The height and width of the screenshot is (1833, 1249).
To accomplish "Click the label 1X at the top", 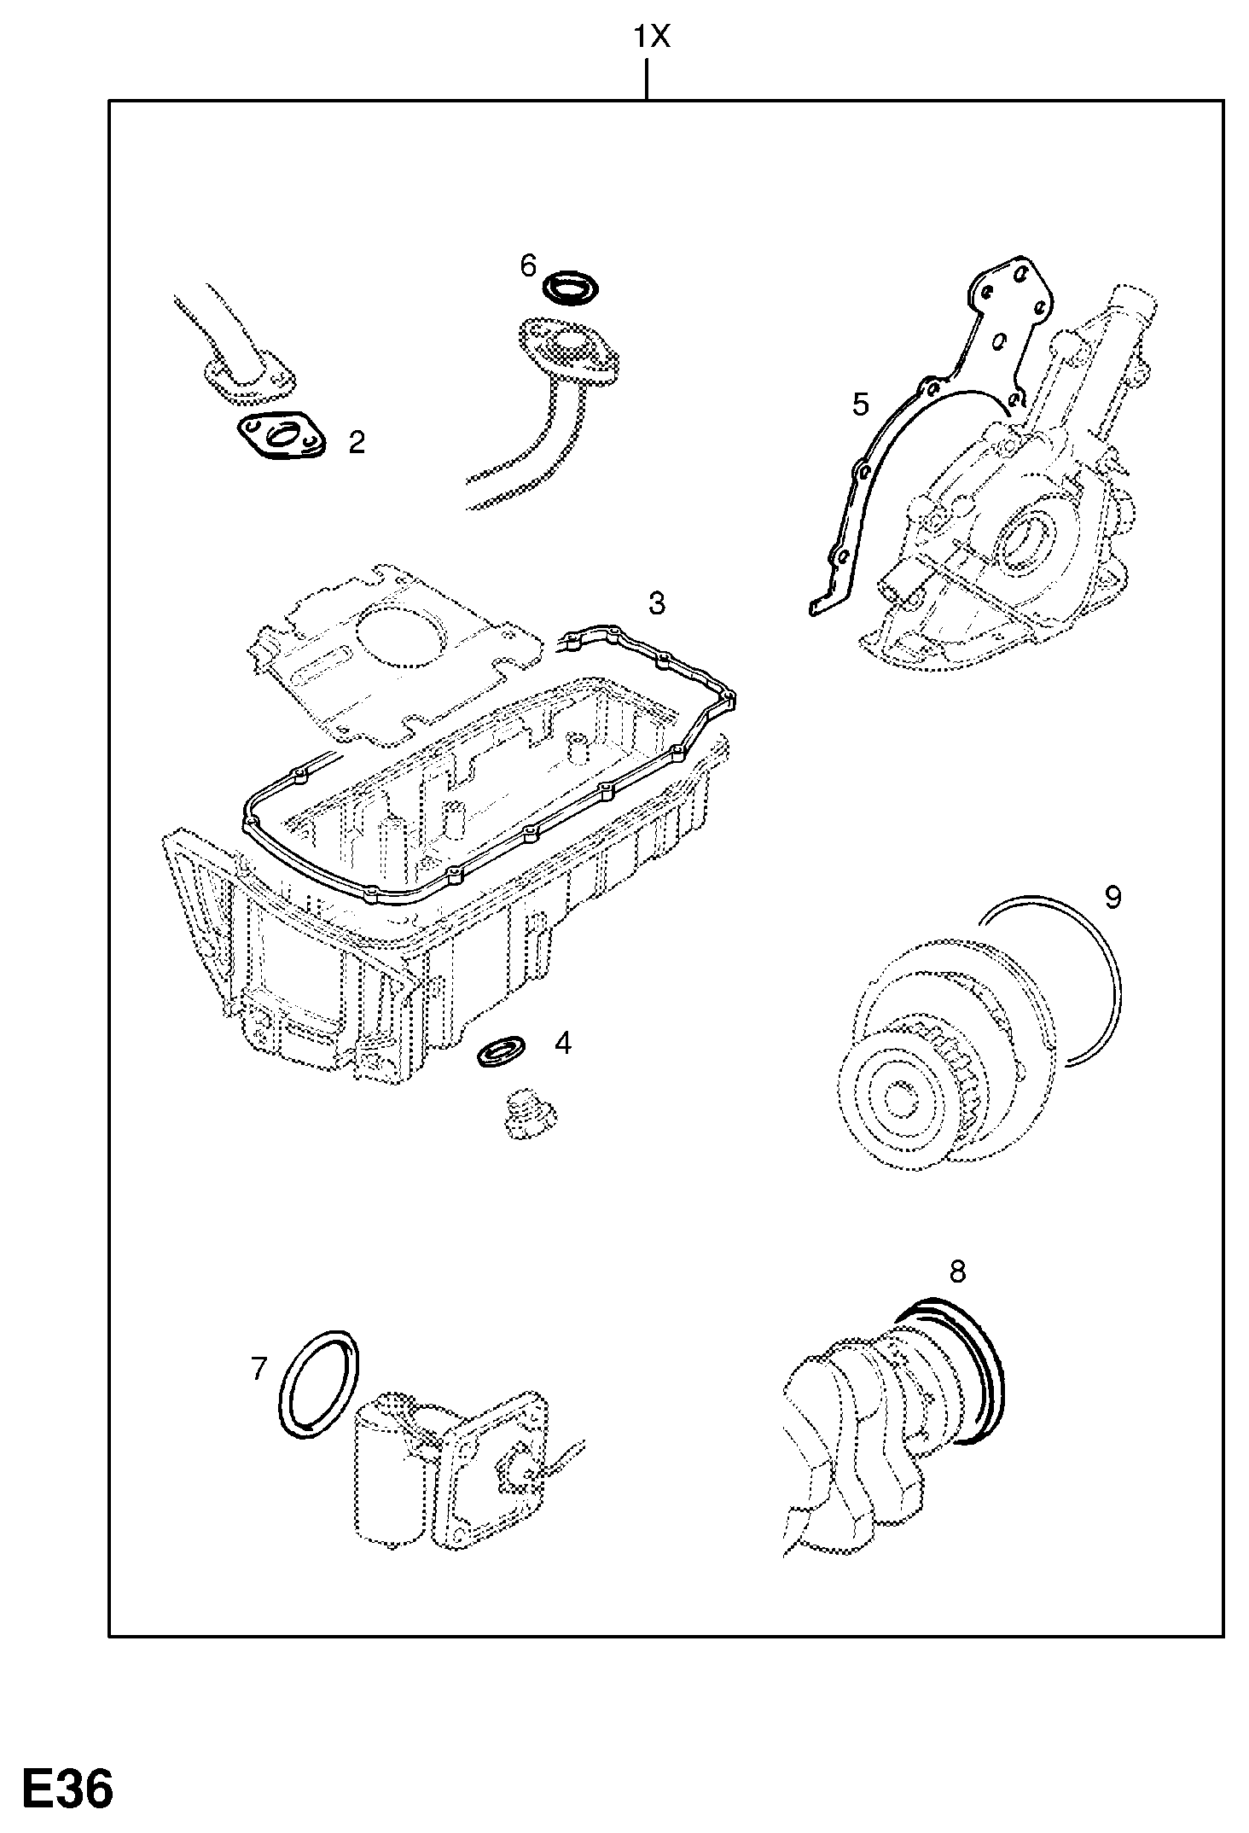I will pyautogui.click(x=652, y=38).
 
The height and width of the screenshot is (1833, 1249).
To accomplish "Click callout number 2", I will pyautogui.click(x=357, y=441).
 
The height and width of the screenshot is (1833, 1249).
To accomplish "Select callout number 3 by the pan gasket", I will pyautogui.click(x=655, y=603).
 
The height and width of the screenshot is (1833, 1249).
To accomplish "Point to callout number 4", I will pyautogui.click(x=562, y=1043).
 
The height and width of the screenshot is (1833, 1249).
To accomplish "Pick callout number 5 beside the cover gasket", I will pyautogui.click(x=860, y=404).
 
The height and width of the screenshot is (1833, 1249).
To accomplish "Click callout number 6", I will pyautogui.click(x=528, y=266).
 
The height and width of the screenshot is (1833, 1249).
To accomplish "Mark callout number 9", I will pyautogui.click(x=1112, y=897).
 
